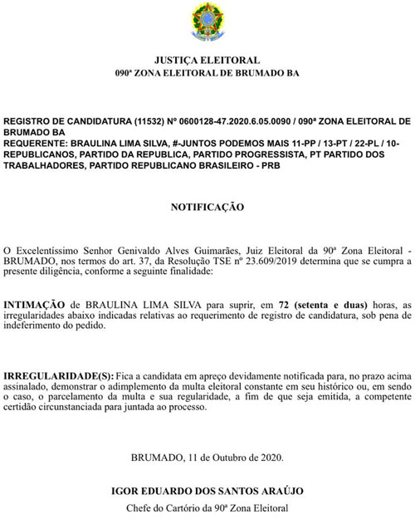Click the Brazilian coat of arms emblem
pyautogui.click(x=207, y=23)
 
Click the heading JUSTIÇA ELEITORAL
pyautogui.click(x=207, y=61)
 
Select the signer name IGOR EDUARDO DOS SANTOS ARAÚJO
pyautogui.click(x=207, y=491)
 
